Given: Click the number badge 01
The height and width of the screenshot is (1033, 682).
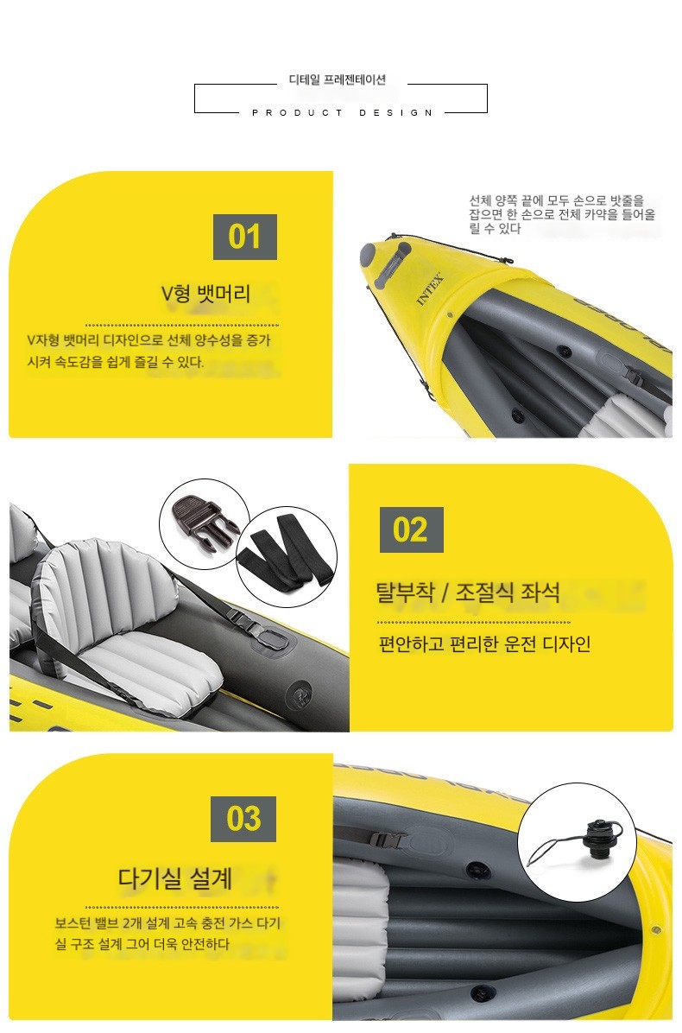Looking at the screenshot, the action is point(245,237).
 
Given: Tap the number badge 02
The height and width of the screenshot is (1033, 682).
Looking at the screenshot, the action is point(412,529).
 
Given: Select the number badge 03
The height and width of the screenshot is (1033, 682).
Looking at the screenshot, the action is point(243,819).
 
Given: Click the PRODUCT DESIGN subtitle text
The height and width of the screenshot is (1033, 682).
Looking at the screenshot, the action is point(343,112).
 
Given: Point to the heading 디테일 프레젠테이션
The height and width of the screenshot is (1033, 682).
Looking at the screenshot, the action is point(338,79).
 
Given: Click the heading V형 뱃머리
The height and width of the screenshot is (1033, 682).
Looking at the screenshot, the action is point(206,293).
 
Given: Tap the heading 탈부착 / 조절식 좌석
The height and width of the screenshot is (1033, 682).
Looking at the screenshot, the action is point(468,593).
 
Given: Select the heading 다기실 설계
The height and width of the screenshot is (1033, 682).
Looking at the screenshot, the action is point(175,878).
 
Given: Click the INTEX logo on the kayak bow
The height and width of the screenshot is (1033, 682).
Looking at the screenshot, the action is point(431,288).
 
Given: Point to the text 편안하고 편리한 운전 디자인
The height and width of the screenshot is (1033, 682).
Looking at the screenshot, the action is point(484,643).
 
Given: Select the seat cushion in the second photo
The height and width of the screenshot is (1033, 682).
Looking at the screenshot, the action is point(151,665).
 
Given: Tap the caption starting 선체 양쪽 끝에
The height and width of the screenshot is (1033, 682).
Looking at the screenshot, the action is point(562,214).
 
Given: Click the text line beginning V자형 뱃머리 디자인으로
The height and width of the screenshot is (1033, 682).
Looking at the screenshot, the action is point(148,340).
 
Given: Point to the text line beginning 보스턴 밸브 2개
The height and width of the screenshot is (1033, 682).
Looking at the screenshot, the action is point(167,923).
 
